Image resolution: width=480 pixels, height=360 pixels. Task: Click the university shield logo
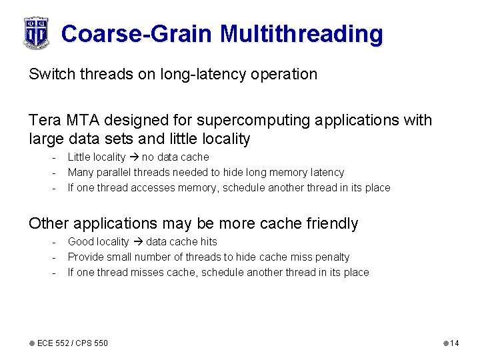point(36,32)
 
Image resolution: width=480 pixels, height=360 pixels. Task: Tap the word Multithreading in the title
point(301,33)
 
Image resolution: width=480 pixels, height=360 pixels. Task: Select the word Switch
point(51,74)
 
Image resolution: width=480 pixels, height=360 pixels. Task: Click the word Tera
point(45,121)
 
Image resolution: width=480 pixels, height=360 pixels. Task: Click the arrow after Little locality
point(134,157)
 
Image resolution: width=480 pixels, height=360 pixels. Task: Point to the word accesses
point(153,188)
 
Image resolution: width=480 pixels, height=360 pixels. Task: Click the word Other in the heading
point(49,223)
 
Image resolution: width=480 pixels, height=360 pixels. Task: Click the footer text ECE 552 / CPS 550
point(72,343)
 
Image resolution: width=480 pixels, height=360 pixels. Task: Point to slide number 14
point(454,343)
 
